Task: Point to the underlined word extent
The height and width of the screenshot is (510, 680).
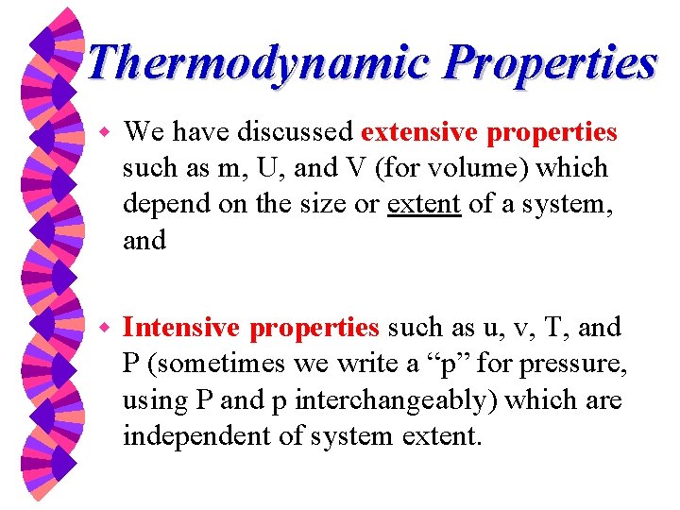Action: coord(424,204)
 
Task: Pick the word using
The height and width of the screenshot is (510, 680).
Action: coord(152,400)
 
